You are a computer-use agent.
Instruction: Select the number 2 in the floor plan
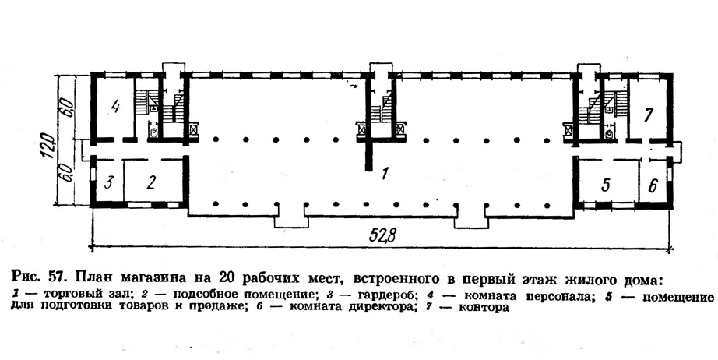click(x=152, y=183)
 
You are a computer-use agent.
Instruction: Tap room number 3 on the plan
click(x=109, y=183)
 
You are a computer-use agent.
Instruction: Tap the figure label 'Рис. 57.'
click(x=38, y=277)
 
